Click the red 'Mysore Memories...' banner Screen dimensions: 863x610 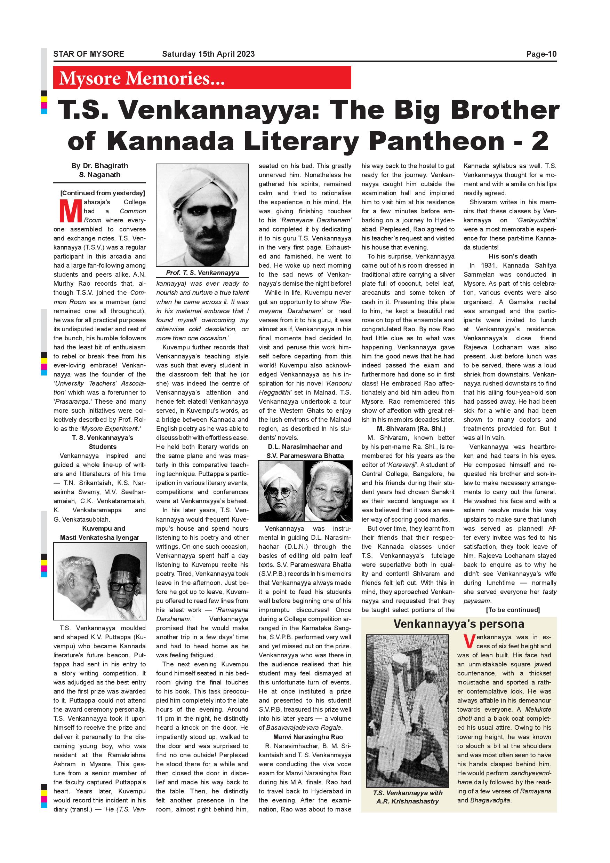202,78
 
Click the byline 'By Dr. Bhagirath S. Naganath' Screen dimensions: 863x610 99,170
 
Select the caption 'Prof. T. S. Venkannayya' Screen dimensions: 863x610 202,272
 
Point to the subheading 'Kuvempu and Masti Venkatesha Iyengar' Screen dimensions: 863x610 99,533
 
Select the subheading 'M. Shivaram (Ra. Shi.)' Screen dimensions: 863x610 408,428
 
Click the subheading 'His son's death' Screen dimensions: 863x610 513,256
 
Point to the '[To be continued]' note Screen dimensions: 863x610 513,610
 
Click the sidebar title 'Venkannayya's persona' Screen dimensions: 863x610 459,624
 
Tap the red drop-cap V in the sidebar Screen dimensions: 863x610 469,642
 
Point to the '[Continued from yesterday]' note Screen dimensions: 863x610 102,193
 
